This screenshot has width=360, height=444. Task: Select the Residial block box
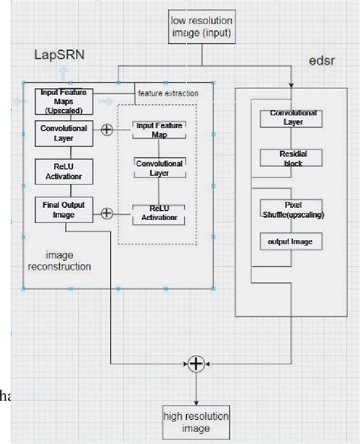point(288,157)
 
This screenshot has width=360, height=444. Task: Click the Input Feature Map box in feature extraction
point(159,129)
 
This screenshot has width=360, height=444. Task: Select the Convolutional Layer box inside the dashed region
point(159,168)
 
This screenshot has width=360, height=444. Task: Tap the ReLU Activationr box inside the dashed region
point(159,213)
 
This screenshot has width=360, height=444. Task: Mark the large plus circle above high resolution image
point(197,364)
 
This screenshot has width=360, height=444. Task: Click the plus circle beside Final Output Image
point(107,213)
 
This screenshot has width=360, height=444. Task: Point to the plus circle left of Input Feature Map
point(107,129)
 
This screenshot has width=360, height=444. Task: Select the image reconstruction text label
point(59,260)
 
